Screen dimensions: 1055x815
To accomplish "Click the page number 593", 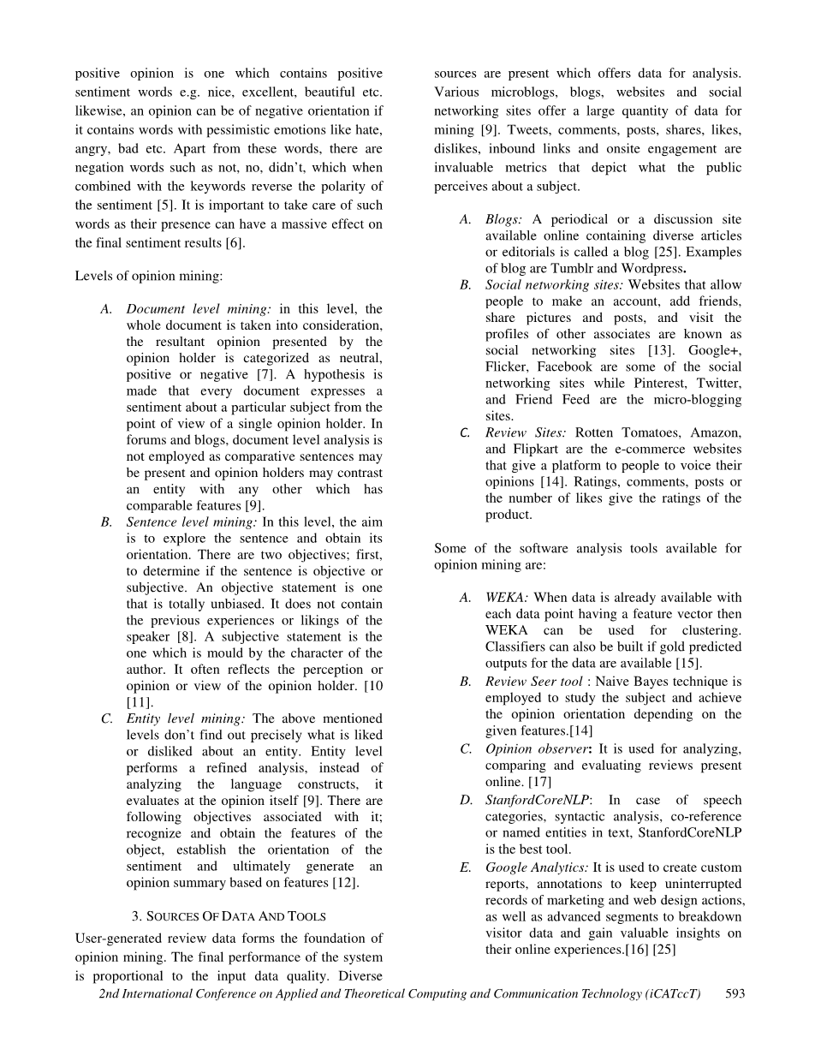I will click(735, 993).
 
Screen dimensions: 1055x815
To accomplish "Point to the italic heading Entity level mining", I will click(186, 718).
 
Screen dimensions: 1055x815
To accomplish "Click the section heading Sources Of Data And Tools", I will click(229, 916).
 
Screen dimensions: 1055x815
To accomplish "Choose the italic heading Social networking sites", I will click(554, 285).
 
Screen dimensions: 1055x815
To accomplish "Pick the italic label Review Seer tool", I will click(533, 682).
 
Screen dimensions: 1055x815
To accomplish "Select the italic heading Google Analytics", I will click(537, 867).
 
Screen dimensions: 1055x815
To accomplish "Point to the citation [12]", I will click(347, 883).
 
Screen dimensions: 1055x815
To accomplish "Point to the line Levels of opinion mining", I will click(149, 276).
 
